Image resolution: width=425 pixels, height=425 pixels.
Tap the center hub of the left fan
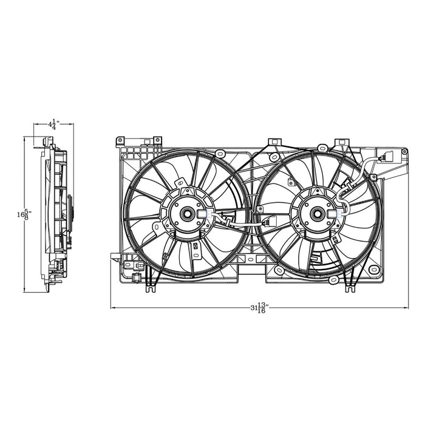[x=185, y=213]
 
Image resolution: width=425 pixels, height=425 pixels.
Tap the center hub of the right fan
[x=316, y=213]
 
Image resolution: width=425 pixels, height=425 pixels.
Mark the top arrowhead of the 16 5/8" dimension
[x=24, y=138]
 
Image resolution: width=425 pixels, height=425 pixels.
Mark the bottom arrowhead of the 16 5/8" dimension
[x=24, y=291]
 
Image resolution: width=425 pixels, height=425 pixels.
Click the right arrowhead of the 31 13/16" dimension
[x=406, y=307]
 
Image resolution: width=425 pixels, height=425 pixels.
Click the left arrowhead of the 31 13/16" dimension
[x=112, y=307]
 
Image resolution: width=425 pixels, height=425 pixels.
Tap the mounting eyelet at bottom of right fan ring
[x=333, y=279]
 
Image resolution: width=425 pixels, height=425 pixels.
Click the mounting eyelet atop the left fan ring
[x=180, y=182]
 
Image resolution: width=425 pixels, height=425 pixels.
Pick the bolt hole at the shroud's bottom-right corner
[x=373, y=269]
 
